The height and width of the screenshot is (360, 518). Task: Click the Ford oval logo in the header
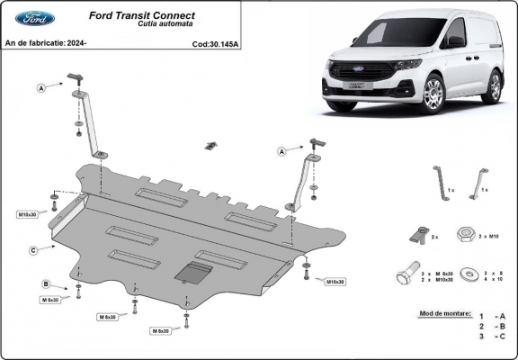coord(35,18)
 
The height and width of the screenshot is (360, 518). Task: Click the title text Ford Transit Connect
coord(146,15)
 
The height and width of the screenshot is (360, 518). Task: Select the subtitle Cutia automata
coord(146,25)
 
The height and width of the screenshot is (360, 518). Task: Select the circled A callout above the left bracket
coord(41,87)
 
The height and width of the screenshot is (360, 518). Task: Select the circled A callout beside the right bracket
coord(282,151)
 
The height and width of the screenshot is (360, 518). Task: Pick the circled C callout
coord(33,249)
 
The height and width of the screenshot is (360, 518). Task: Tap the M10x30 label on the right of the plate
coord(333,282)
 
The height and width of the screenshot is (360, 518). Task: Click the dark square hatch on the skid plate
coord(193,273)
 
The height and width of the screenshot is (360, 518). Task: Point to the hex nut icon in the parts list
coord(466,235)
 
